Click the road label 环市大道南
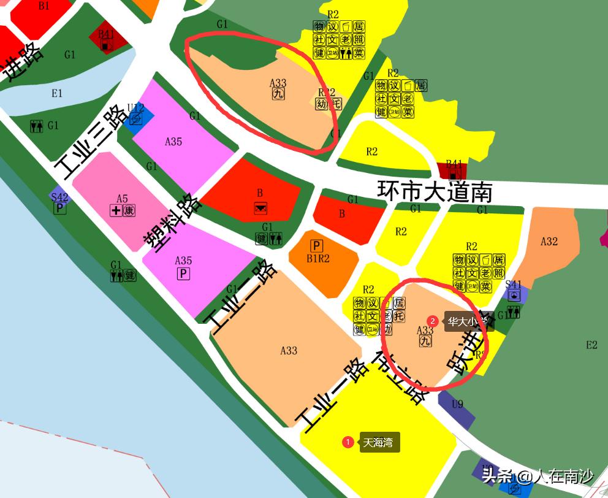coord(435,191)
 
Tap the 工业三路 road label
coord(93,140)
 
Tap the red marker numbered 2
coord(433,321)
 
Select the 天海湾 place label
coord(378,442)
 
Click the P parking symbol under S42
coord(59,209)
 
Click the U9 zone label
coord(457,404)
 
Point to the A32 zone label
coord(549,241)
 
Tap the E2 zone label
coord(591,345)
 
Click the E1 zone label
coord(57,93)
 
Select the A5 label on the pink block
coord(122,198)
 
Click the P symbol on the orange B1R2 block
coord(317,246)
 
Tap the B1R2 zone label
coord(318,258)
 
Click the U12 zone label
coord(136,108)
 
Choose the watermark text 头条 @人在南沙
coord(537,477)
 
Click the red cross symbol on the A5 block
coord(115,211)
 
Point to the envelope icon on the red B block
coord(260,208)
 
